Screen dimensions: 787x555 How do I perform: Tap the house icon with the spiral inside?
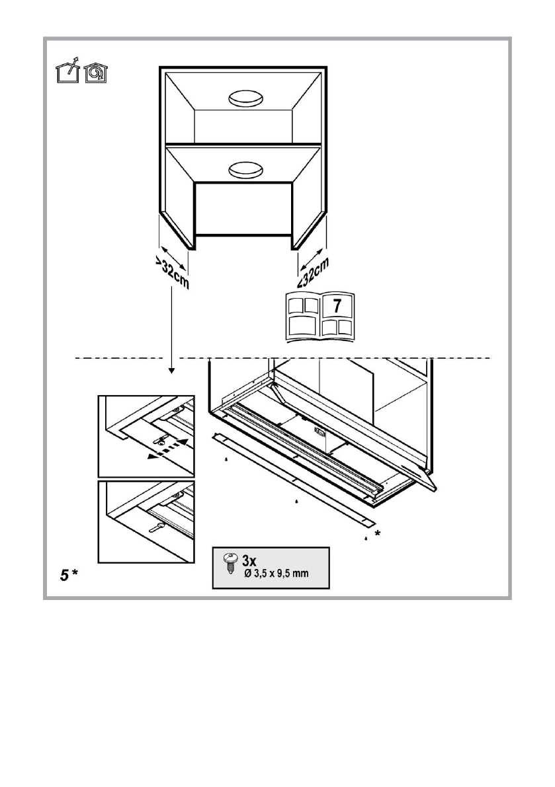95,72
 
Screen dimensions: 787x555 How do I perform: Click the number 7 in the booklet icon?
337,307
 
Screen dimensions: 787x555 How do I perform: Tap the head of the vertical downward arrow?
171,371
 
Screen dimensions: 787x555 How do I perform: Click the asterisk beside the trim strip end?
378,533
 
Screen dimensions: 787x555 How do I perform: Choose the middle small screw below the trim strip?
296,502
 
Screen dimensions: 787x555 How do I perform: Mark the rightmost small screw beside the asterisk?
366,539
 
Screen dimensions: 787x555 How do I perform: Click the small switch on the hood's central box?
319,433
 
